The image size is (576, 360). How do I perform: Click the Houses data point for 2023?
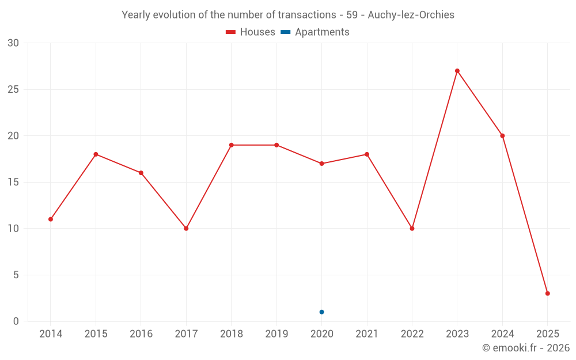(x=457, y=71)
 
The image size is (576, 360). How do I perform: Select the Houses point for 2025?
(x=548, y=293)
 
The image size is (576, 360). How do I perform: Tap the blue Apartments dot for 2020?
(x=321, y=312)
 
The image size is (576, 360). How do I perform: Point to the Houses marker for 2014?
(x=51, y=219)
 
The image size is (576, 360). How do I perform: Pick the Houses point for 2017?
(x=186, y=229)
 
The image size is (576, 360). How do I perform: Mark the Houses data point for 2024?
(x=502, y=136)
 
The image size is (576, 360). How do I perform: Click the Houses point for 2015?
(x=96, y=154)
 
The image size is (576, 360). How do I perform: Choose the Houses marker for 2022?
(x=412, y=229)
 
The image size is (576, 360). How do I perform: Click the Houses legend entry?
(x=251, y=32)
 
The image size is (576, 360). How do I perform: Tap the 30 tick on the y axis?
(x=13, y=43)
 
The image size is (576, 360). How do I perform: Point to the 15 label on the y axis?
(x=13, y=182)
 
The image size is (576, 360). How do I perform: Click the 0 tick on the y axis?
(x=16, y=321)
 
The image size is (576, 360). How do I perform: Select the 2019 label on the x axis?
(x=276, y=334)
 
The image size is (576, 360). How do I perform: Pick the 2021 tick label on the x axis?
(x=367, y=334)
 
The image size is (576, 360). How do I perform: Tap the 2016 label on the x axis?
(x=141, y=334)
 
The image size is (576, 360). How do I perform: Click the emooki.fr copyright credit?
(x=526, y=348)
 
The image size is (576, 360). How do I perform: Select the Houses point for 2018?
(x=232, y=145)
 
